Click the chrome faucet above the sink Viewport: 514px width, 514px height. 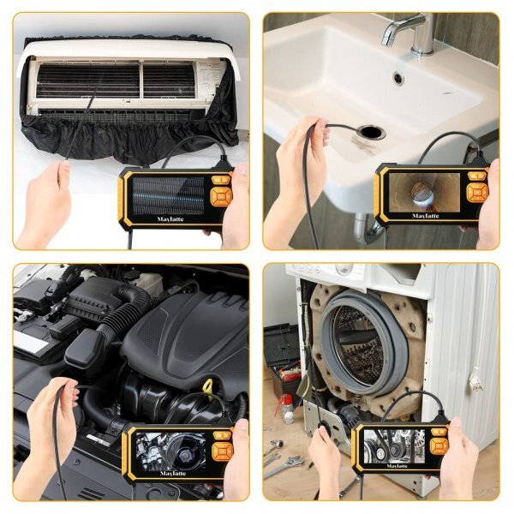pos(409,33)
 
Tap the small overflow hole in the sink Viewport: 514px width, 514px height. pos(398,78)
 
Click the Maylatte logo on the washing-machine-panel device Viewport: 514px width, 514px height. pos(397,467)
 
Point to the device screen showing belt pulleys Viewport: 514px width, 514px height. pos(397,445)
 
